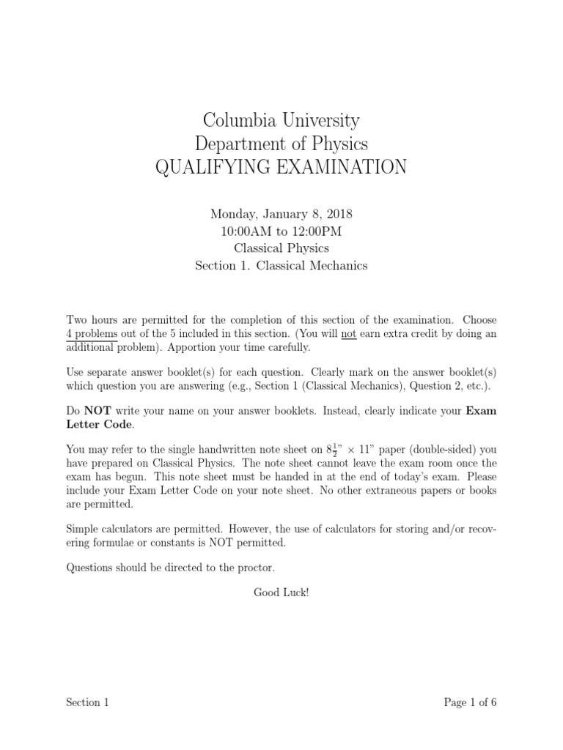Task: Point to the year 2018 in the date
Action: [x=338, y=215]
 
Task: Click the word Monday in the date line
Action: [x=233, y=215]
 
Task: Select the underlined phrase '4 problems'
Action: [x=92, y=334]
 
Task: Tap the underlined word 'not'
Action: [x=349, y=334]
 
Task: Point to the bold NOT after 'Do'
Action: [x=100, y=411]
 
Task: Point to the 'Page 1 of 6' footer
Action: [x=470, y=702]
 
